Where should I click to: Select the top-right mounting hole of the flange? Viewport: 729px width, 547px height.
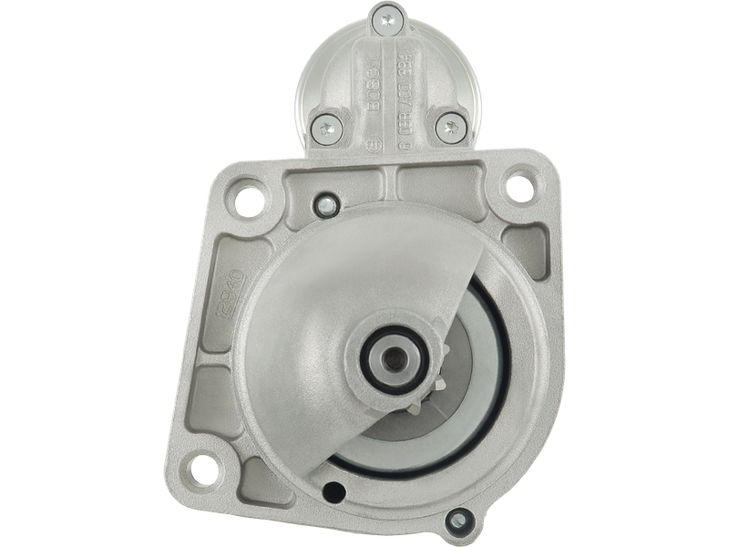pyautogui.click(x=519, y=181)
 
